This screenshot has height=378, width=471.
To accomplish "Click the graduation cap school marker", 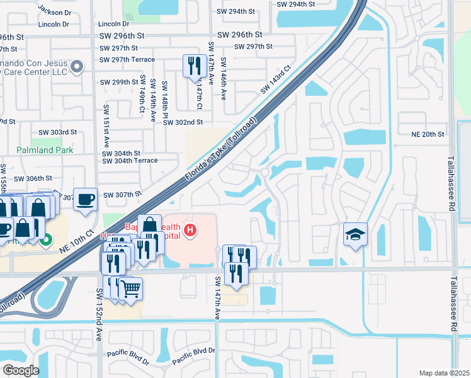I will tap(355, 235).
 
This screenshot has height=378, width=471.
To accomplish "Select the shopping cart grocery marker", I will tap(130, 289).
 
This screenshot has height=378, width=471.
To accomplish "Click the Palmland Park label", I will tap(45, 150).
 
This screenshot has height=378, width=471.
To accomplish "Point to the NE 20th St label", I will tap(428, 134).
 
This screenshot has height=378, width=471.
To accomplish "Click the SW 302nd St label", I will tap(183, 122).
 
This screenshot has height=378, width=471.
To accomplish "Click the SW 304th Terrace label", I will tap(130, 161).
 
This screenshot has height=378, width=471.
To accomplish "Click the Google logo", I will tap(21, 370).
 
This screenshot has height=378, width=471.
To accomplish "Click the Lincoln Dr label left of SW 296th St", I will tap(53, 24).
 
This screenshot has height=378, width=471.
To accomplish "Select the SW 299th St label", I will tap(119, 83).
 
